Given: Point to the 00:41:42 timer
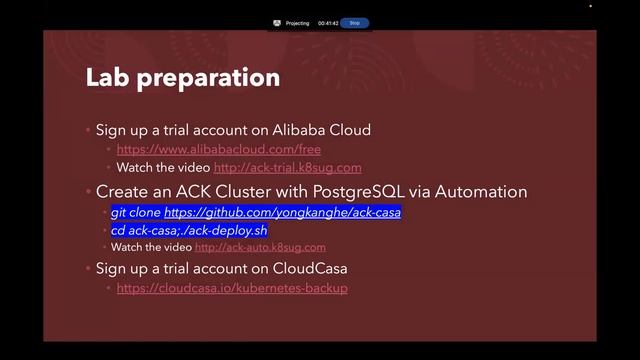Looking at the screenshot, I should click(x=328, y=22).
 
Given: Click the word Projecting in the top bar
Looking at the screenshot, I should click(x=297, y=22).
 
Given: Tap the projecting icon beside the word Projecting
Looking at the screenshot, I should click(x=276, y=22).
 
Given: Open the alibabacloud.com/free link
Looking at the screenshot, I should click(x=219, y=149).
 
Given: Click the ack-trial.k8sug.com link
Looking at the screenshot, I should click(x=287, y=167).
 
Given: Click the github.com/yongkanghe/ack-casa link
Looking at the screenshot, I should click(x=282, y=213).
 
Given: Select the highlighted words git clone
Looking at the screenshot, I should click(x=135, y=213).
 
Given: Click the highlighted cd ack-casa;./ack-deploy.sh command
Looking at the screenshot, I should click(x=189, y=230).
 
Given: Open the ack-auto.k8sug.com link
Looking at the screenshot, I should click(x=260, y=247).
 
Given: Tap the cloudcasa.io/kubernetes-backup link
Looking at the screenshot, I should click(x=232, y=288).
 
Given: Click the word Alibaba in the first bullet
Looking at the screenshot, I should click(x=303, y=130).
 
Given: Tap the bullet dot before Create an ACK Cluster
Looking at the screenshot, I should click(x=88, y=191).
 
